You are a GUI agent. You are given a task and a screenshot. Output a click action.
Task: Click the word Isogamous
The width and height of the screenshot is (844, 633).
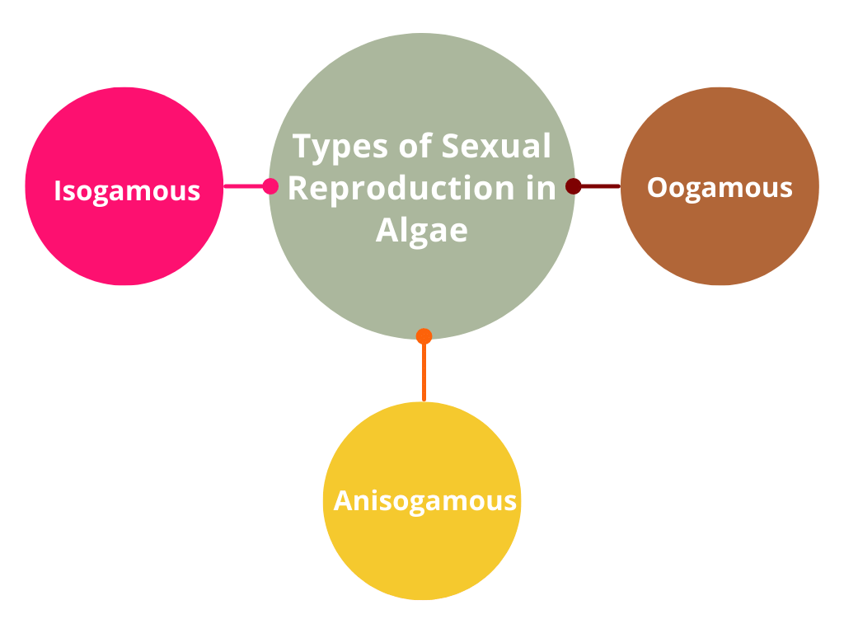[x=127, y=190]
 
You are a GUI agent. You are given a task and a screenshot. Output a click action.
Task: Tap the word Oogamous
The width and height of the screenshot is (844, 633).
[x=720, y=187]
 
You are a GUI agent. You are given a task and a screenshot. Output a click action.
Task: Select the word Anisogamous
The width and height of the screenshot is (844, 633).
[x=424, y=500]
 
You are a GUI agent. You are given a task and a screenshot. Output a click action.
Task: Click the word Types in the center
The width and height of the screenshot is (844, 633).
[x=340, y=147]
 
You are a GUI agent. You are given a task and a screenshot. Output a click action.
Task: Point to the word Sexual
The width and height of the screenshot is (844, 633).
[x=496, y=147]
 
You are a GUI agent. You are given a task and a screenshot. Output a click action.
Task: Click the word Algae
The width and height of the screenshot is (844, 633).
[x=422, y=230]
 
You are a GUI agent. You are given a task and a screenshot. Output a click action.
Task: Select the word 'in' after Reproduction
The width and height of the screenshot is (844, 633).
[x=541, y=188]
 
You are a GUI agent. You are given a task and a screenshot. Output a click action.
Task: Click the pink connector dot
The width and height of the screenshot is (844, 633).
[x=270, y=186]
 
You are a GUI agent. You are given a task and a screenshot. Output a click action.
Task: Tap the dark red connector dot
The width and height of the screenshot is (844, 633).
[x=574, y=186]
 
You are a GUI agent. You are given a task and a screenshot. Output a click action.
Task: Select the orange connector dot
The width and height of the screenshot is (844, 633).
[x=424, y=336]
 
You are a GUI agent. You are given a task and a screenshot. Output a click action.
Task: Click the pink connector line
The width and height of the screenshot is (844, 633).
[x=243, y=186]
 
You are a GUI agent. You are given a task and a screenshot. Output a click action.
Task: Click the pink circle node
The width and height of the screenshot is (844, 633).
[x=124, y=239]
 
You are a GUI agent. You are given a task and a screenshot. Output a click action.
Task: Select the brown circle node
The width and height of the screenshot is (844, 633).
[x=720, y=239]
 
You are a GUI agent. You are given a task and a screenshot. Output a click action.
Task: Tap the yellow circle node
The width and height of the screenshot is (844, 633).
[x=422, y=552]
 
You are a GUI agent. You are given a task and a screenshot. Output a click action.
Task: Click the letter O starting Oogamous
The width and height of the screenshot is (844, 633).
[x=656, y=187]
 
